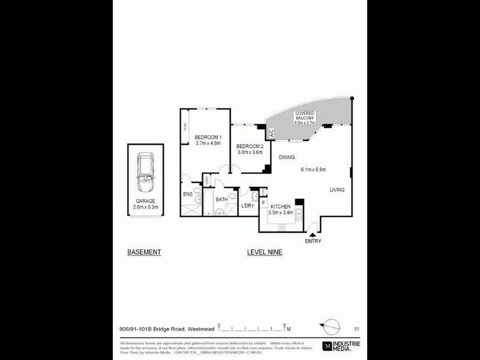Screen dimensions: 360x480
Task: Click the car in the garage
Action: pos(146,172)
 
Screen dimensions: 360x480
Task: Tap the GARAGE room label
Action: pos(145,201)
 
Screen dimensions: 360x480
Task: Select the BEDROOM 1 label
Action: pos(208,138)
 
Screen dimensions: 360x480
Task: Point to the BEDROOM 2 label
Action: pos(250,146)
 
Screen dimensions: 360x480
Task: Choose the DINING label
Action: pos(286,157)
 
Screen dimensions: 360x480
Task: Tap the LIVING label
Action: pos(337,190)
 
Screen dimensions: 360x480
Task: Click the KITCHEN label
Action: pos(281,206)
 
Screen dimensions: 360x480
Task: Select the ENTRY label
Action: pos(313,241)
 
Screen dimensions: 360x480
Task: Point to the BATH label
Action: pos(221,199)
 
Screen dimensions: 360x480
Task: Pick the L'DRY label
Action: pos(247,206)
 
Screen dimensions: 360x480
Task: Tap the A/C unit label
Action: pos(271,134)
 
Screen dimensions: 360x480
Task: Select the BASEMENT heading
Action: pos(145,252)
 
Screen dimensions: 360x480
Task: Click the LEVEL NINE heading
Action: pos(265,252)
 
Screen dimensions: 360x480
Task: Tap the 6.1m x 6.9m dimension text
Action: pos(313,170)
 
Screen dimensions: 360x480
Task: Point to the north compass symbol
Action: pos(329,326)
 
